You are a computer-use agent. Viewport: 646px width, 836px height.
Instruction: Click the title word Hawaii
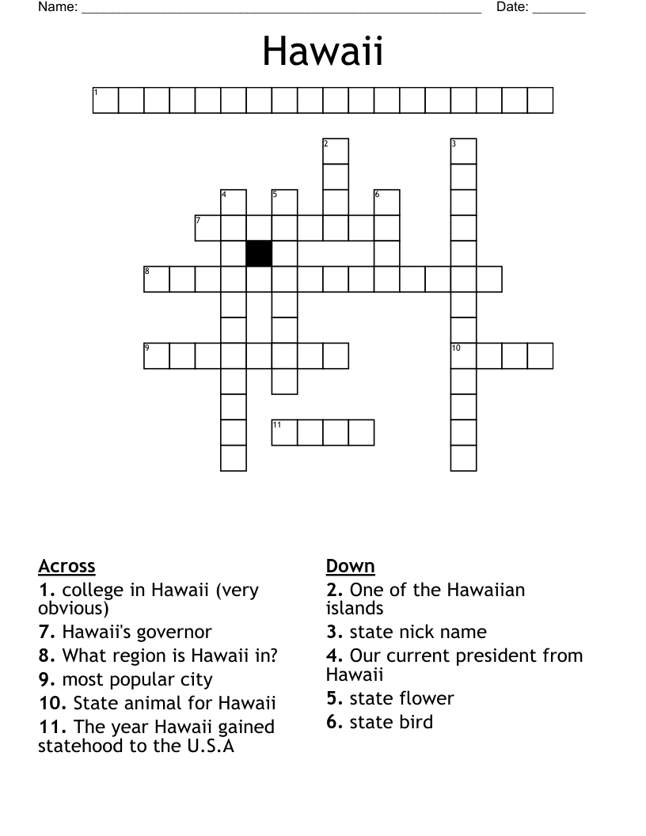(x=323, y=52)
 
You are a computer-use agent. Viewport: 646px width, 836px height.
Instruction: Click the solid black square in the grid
(x=259, y=253)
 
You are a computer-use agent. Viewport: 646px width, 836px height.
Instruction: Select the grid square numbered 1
(x=106, y=101)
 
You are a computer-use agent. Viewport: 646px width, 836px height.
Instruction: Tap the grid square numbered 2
(x=336, y=151)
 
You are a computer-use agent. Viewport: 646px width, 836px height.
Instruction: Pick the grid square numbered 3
(x=464, y=151)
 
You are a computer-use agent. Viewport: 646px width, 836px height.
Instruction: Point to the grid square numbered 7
(x=208, y=228)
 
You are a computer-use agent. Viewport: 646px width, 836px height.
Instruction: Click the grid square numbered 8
(x=157, y=279)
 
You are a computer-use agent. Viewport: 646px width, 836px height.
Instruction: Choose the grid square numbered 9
(x=157, y=355)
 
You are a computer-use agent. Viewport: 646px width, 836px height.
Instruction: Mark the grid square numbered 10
(x=464, y=355)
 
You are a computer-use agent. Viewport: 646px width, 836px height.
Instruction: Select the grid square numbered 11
(x=284, y=432)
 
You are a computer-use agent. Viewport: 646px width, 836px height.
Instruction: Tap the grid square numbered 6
(x=387, y=203)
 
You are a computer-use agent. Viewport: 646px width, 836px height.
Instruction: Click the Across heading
(x=66, y=566)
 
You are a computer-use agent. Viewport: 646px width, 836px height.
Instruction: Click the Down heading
(x=350, y=566)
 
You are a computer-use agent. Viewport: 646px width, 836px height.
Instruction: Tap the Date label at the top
(x=512, y=7)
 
